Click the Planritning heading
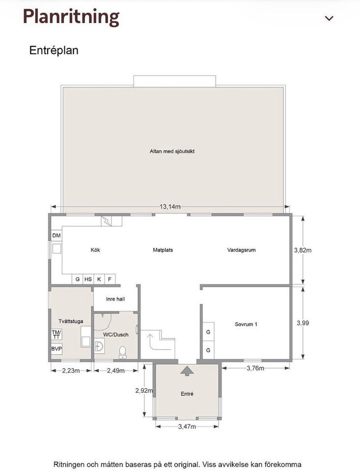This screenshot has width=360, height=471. [71, 17]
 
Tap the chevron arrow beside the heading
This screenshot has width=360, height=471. [330, 18]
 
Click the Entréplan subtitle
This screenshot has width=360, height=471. [54, 50]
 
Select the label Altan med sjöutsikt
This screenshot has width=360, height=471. [172, 151]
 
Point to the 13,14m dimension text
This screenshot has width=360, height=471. [170, 207]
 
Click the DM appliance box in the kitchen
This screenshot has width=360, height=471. [56, 235]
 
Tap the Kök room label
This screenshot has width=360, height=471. [95, 250]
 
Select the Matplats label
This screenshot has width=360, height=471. [163, 250]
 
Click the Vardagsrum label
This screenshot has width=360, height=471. [242, 250]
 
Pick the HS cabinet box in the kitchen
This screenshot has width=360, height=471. [88, 279]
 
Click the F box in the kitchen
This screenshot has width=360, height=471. [110, 279]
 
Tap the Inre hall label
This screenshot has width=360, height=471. [115, 299]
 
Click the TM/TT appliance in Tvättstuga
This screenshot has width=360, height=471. [56, 334]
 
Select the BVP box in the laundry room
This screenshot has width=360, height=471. [56, 349]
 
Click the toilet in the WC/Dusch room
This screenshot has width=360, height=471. [122, 352]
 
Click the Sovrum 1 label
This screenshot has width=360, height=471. [246, 324]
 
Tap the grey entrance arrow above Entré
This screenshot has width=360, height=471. [187, 371]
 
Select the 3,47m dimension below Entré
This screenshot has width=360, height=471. [187, 426]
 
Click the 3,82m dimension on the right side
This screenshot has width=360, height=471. [303, 250]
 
